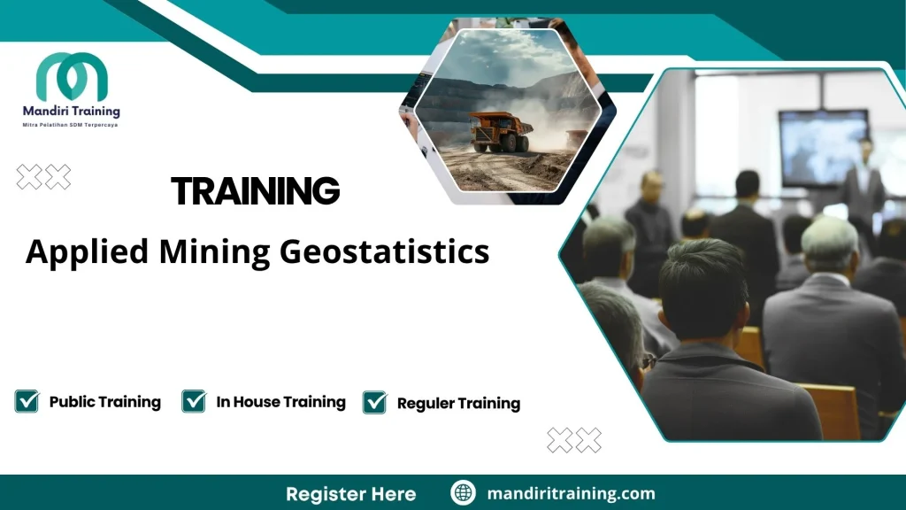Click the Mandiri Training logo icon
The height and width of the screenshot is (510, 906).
(72, 77)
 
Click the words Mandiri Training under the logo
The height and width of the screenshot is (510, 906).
(72, 112)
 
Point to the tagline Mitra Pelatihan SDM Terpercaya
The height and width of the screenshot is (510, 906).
(71, 125)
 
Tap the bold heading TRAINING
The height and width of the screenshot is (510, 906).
(255, 190)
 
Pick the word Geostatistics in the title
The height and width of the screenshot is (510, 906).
(384, 251)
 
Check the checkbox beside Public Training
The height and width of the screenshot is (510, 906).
(27, 401)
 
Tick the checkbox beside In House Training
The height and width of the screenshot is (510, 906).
(194, 401)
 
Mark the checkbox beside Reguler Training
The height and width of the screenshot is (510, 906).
(375, 402)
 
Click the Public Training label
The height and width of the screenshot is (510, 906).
(105, 402)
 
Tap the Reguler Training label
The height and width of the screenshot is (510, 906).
(458, 403)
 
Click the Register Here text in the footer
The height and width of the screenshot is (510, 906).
(350, 493)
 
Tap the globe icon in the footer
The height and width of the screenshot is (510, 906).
(463, 493)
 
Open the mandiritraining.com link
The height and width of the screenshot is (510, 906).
(571, 493)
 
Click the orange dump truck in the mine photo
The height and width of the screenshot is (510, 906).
(500, 130)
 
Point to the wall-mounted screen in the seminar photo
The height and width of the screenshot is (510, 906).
(823, 146)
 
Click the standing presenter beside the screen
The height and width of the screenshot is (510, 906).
(863, 186)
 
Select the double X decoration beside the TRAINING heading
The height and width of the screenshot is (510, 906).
(43, 177)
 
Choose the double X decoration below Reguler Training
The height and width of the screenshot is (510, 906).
(574, 439)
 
